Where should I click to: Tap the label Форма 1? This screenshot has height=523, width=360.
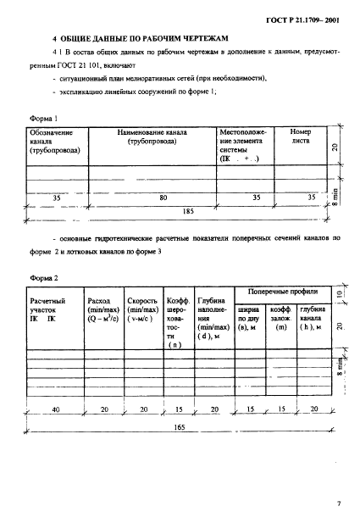43,120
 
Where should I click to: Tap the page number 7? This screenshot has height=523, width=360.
337,505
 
